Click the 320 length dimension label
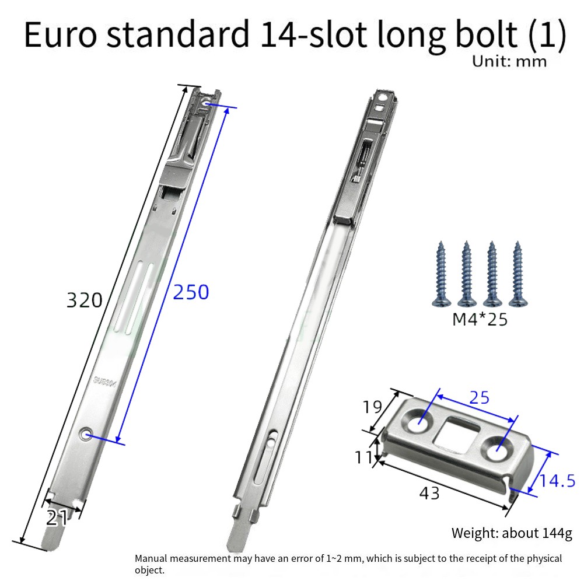(84, 300)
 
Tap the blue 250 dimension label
(191, 292)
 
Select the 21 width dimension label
(57, 517)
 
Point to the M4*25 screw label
(480, 319)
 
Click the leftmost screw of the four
(442, 274)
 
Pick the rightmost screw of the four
(517, 274)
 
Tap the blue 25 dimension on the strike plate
(479, 398)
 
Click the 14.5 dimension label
(557, 481)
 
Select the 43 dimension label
(429, 493)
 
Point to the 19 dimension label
(372, 407)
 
